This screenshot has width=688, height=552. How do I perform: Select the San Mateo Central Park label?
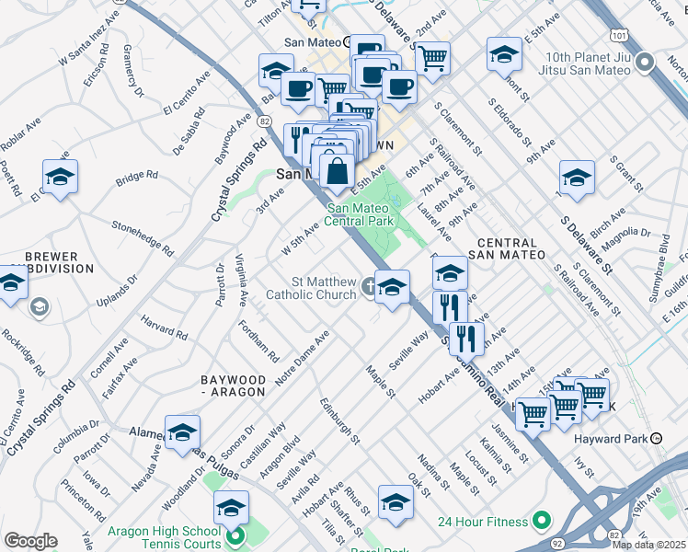[373, 214]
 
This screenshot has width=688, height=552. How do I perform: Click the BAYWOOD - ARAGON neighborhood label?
[234, 385]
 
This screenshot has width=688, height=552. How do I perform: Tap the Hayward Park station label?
[613, 439]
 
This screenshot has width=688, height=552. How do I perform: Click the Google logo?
[30, 541]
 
